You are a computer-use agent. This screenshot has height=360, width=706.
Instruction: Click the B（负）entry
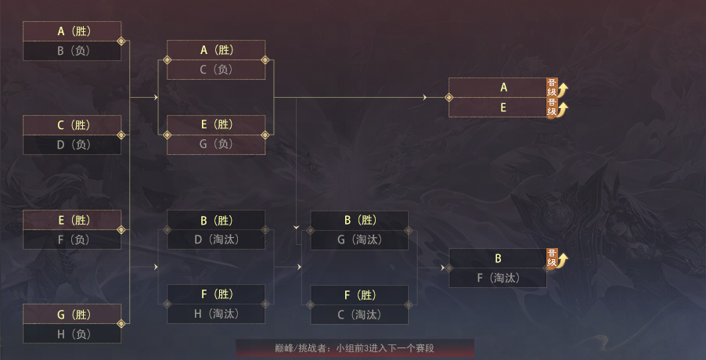point(72,51)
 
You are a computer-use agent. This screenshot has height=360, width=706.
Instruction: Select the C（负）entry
point(216,70)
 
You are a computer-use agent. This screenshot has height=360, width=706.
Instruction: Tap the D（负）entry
point(72,145)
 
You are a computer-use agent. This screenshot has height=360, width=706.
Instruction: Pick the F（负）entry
point(72,239)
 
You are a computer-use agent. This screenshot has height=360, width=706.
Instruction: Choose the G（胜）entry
point(72,314)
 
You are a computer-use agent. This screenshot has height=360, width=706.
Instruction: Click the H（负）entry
point(72,333)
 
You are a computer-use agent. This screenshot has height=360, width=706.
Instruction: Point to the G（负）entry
point(216,145)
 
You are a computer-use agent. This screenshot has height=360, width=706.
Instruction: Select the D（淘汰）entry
point(216,239)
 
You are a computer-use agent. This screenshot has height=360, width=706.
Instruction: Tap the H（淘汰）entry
point(216,314)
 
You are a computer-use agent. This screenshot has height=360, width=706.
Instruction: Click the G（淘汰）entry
point(359,239)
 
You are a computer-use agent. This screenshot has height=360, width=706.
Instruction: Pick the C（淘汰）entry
point(359,315)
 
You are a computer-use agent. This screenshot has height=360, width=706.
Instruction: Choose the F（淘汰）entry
point(498,278)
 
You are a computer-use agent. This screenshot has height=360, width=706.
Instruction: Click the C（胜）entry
point(72,125)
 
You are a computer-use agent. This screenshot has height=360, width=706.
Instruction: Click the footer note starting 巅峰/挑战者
point(355,348)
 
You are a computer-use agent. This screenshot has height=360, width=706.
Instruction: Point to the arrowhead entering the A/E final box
point(424,97)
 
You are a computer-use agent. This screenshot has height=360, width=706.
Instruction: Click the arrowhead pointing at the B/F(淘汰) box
point(443,268)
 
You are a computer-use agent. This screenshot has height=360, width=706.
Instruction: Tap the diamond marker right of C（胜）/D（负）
point(121,135)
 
